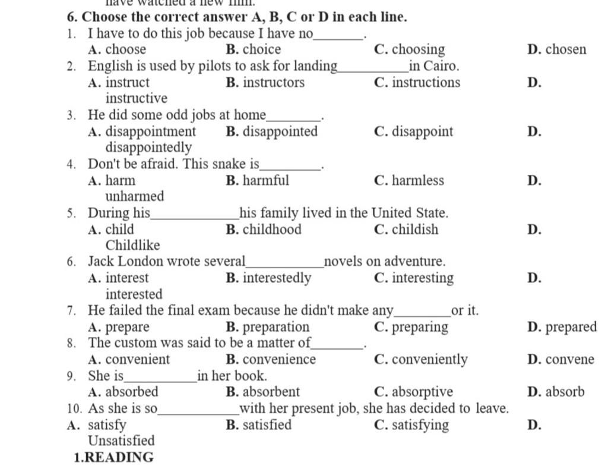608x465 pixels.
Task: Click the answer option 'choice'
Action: (261, 49)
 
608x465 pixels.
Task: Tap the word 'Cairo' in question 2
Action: (440, 66)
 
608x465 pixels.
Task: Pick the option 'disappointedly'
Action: (148, 147)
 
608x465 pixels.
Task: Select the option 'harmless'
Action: (417, 181)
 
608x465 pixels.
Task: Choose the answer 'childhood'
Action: (272, 230)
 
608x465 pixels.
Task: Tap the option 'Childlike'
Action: (133, 245)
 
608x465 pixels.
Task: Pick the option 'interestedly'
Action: (277, 278)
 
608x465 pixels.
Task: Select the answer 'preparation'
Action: (276, 327)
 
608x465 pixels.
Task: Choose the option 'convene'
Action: (569, 360)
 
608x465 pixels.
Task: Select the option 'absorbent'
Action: (271, 392)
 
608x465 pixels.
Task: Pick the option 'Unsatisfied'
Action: (121, 441)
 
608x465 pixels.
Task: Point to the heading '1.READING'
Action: (113, 457)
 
